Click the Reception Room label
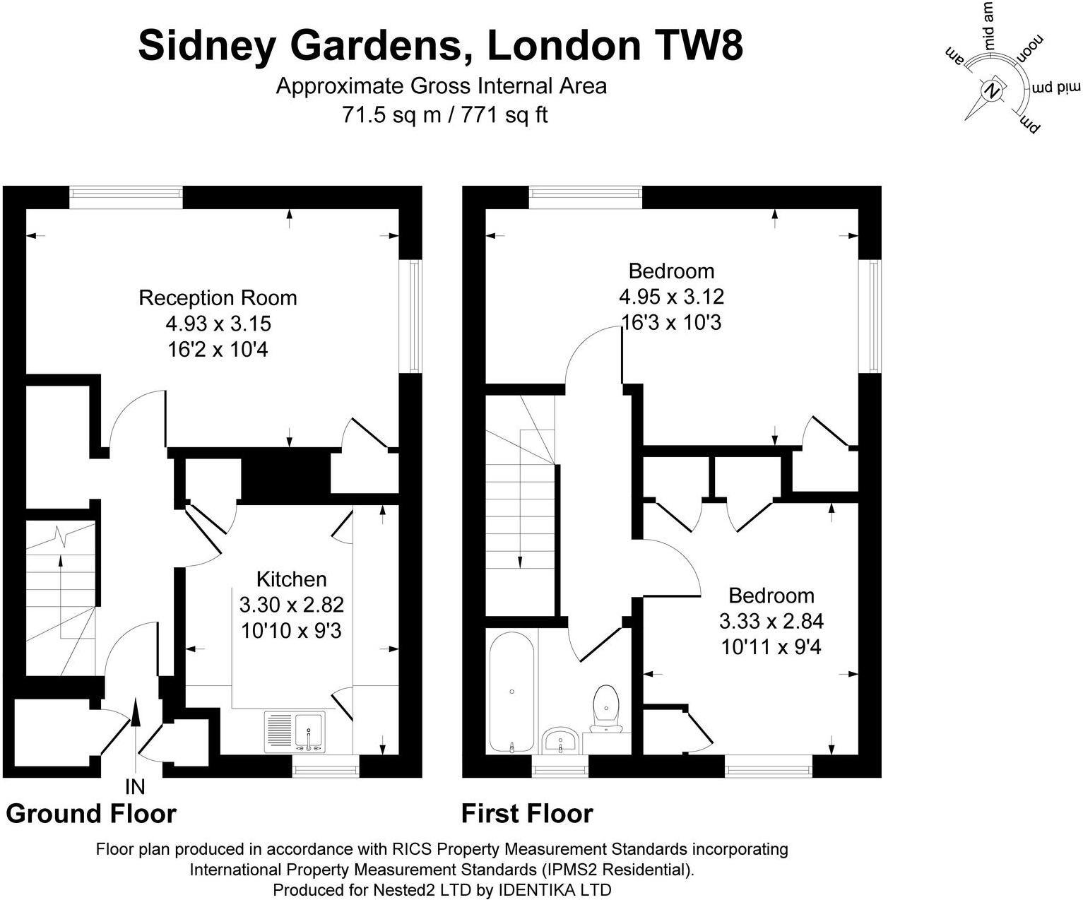coord(218,297)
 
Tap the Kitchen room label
coord(292,579)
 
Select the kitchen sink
coord(295,731)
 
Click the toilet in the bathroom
coord(605,709)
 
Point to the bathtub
coord(512,692)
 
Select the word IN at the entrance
coord(136,788)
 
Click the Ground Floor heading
coord(91,813)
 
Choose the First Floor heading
coord(527,813)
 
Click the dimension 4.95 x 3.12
coord(672,297)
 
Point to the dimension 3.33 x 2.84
coord(771,621)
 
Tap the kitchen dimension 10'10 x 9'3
coord(292,631)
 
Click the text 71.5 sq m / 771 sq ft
coord(444,114)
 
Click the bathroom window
coord(560,766)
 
